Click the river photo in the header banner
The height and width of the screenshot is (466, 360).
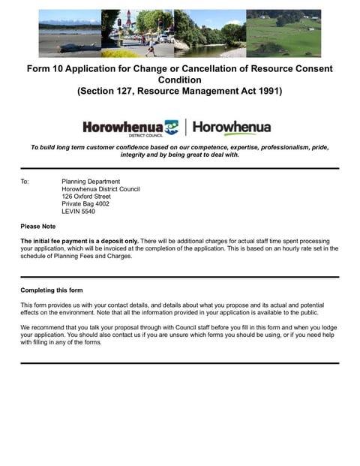click(210, 34)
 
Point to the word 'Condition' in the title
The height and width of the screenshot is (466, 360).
click(179, 80)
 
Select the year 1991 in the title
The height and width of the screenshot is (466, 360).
click(264, 92)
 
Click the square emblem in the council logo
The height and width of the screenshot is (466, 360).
click(172, 126)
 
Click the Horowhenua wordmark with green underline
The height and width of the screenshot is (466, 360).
click(232, 127)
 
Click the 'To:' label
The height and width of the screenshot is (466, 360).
click(25, 182)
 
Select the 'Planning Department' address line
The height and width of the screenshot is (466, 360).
click(90, 182)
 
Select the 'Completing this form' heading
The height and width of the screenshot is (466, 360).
click(52, 290)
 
